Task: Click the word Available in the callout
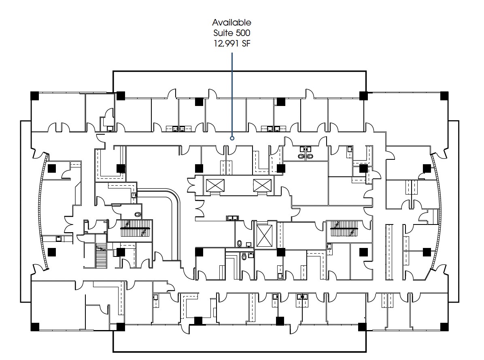[x=231, y=22]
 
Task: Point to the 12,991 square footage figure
[x=226, y=44]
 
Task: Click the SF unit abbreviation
[x=246, y=44]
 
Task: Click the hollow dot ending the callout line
[x=232, y=138]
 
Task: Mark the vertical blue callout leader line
[x=232, y=95]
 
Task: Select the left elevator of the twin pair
[x=215, y=185]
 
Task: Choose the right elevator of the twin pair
[x=262, y=185]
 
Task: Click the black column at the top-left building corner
[x=35, y=95]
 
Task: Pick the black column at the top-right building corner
[x=444, y=95]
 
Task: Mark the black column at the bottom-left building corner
[x=35, y=327]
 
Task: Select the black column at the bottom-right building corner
[x=444, y=327]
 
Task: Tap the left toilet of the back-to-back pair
[x=301, y=157]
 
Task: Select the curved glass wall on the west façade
[x=42, y=211]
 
